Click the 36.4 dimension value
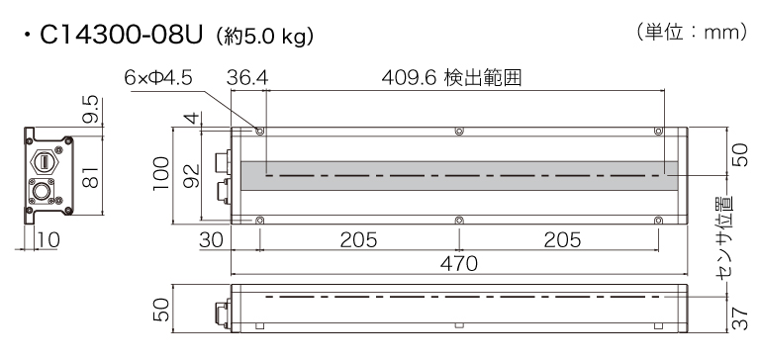click(x=247, y=76)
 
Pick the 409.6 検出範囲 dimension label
click(x=451, y=76)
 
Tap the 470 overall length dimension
click(x=458, y=263)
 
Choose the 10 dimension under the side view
click(x=48, y=239)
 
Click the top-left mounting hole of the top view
click(x=259, y=131)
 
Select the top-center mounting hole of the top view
click(x=458, y=131)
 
